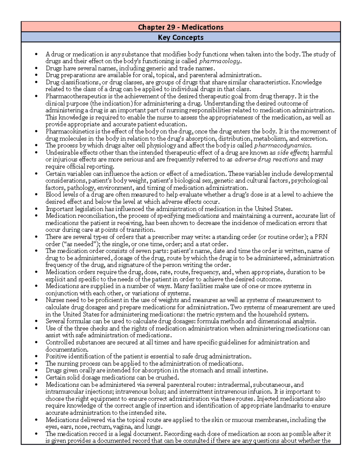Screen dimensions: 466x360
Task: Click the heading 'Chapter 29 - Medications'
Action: tap(181, 27)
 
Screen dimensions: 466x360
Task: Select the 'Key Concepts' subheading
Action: tap(181, 38)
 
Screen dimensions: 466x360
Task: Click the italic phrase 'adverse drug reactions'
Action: tap(266, 160)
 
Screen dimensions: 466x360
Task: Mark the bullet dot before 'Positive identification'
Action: tap(36, 357)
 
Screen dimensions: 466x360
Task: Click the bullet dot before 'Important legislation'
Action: tap(36, 209)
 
